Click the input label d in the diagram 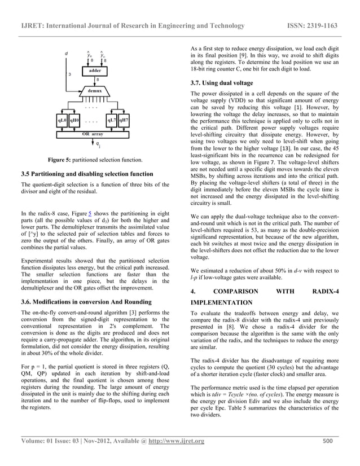point(66,54)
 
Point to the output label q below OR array point(98,145)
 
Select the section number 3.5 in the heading point(27,173)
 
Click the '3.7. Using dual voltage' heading point(223,83)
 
